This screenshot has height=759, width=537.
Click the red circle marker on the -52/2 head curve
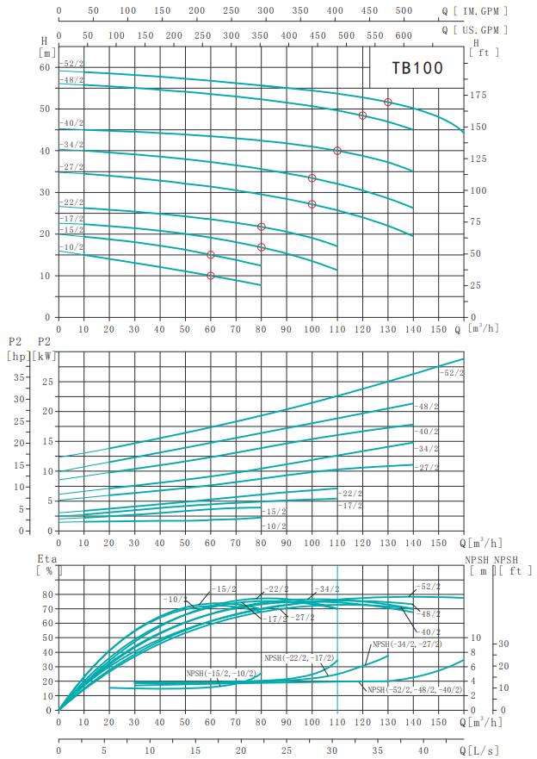click(x=388, y=102)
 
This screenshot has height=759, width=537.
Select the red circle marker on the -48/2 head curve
click(x=362, y=115)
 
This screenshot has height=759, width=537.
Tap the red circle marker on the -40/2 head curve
click(x=337, y=151)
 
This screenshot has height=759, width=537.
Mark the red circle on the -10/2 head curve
click(x=211, y=276)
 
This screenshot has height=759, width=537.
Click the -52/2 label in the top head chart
click(x=72, y=65)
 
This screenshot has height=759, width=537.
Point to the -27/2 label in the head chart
click(x=72, y=167)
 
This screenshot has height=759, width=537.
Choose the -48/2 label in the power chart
click(x=427, y=406)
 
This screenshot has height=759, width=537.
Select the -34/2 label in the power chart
click(x=427, y=449)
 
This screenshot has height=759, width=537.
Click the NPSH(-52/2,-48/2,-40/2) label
click(x=415, y=690)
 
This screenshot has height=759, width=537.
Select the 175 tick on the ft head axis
click(x=480, y=95)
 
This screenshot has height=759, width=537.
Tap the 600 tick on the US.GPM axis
click(x=404, y=35)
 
